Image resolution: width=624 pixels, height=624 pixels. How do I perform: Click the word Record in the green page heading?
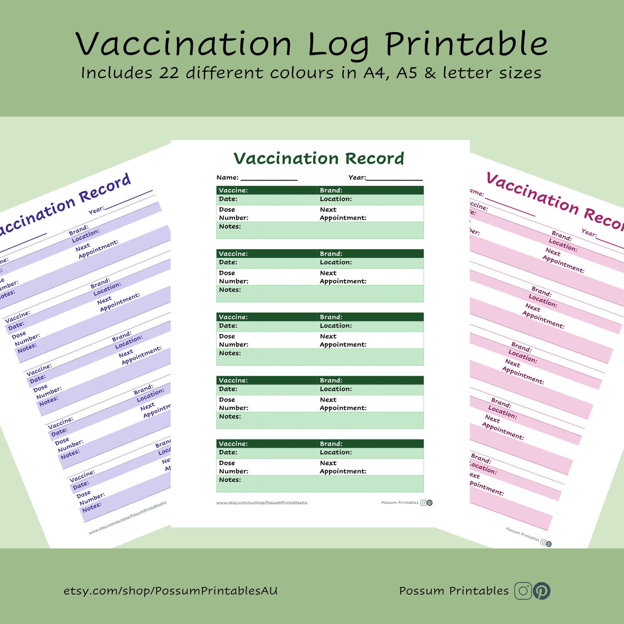point(374,158)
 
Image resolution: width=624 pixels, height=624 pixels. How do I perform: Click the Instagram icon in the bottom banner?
point(523,591)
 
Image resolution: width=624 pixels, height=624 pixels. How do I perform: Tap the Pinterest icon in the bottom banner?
point(542,591)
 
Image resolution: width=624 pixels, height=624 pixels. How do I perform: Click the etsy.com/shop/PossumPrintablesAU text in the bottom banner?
point(171,591)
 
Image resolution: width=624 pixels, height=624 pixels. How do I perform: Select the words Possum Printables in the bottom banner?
point(454,591)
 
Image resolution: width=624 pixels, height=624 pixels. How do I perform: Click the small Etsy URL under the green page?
point(262,503)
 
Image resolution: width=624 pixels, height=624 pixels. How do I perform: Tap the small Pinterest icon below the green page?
point(430,503)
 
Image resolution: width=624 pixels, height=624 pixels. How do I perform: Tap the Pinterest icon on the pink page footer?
point(549,544)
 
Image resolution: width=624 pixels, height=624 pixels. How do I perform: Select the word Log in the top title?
point(338,45)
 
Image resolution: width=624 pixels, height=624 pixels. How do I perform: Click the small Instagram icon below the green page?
point(423,503)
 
